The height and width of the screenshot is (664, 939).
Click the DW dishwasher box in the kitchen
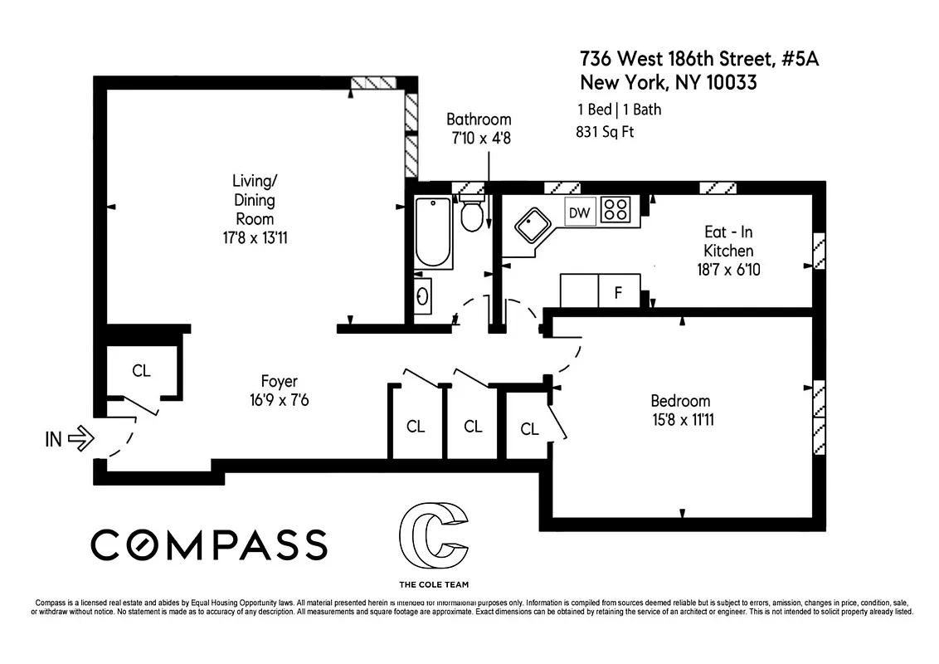pyautogui.click(x=579, y=212)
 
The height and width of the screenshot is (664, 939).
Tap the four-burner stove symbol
pyautogui.click(x=615, y=209)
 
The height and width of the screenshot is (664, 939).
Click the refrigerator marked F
pyautogui.click(x=618, y=292)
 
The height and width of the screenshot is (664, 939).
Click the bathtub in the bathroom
pyautogui.click(x=432, y=232)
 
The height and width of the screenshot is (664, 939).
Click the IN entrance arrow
pyautogui.click(x=80, y=438)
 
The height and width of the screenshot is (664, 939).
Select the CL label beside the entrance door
pyautogui.click(x=142, y=370)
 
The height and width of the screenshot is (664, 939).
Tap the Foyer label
pyautogui.click(x=279, y=382)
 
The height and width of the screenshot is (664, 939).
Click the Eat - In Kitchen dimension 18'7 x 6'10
pyautogui.click(x=728, y=269)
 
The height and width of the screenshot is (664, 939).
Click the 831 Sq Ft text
pyautogui.click(x=605, y=131)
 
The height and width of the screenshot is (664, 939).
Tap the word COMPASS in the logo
pyautogui.click(x=208, y=544)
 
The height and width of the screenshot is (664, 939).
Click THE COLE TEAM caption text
pyautogui.click(x=433, y=583)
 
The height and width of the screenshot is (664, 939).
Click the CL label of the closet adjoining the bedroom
pyautogui.click(x=529, y=428)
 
